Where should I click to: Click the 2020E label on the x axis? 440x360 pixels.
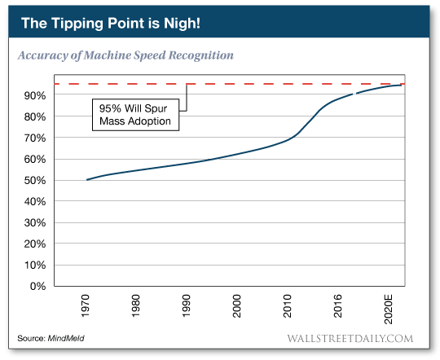[388, 308]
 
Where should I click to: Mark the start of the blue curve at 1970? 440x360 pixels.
[87, 179]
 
